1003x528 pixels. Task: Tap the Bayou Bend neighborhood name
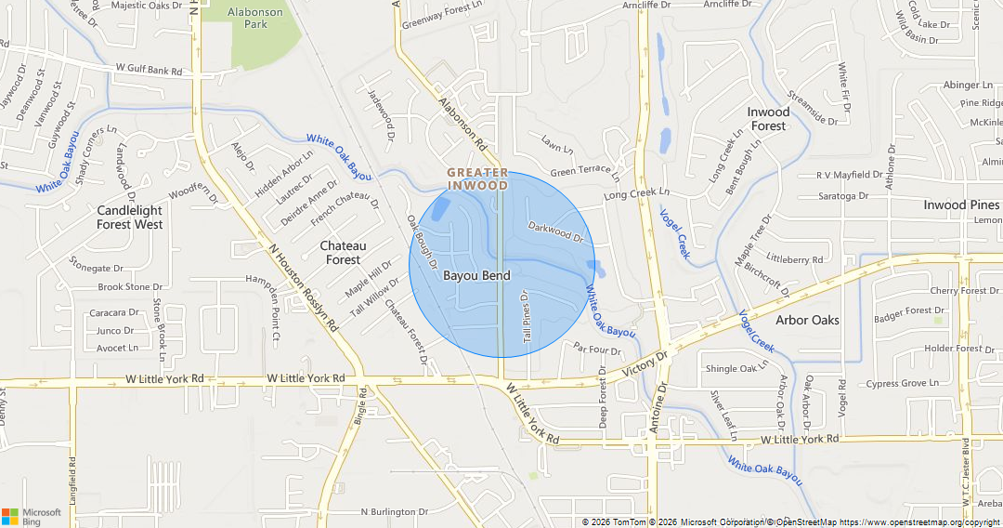(x=476, y=275)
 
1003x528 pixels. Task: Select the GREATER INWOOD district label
(x=477, y=178)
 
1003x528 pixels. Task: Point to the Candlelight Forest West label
(x=130, y=217)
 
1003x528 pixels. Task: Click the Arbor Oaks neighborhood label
(x=807, y=320)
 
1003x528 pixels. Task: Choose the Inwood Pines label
(x=961, y=205)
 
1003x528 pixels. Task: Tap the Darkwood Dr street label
(x=560, y=231)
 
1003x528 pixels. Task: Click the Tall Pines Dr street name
(x=527, y=323)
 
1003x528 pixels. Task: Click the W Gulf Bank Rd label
(x=149, y=70)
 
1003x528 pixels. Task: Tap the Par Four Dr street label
(x=596, y=350)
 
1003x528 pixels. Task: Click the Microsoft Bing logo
(x=32, y=516)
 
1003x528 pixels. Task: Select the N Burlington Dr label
(x=394, y=511)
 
